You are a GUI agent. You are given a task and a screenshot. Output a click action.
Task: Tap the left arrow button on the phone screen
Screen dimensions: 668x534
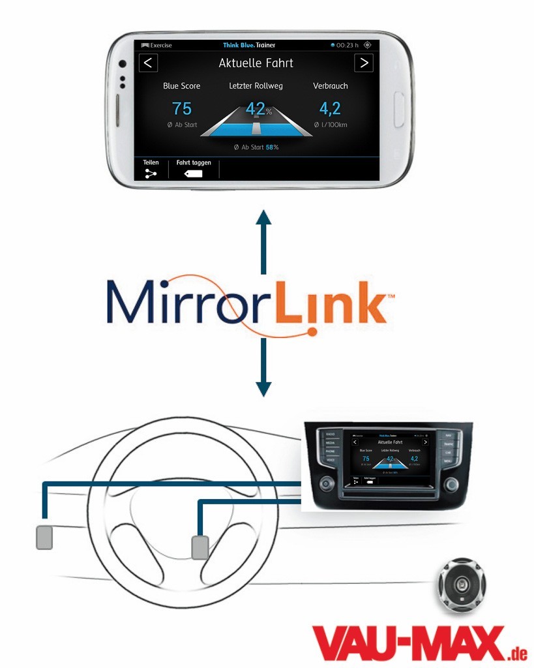[x=149, y=63]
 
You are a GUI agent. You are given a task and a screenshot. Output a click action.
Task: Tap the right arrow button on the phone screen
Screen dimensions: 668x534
[x=363, y=63]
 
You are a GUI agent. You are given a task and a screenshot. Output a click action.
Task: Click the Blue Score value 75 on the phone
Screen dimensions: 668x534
[x=182, y=109]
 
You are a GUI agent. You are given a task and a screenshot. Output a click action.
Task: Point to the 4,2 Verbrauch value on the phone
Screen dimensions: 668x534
[x=330, y=109]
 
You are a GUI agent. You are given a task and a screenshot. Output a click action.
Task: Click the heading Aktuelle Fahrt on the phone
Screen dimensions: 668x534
[x=256, y=63]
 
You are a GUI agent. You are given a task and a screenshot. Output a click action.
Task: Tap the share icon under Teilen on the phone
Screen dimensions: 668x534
[x=151, y=173]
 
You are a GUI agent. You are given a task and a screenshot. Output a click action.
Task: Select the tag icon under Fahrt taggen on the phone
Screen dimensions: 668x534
[x=194, y=174]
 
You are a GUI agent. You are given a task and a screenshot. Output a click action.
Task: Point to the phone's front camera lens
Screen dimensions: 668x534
[x=122, y=65]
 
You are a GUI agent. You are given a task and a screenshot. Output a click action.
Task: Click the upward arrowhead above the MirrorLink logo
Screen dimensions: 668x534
[x=263, y=219]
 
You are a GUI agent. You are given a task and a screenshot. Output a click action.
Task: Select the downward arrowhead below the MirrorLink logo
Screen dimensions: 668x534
[x=263, y=389]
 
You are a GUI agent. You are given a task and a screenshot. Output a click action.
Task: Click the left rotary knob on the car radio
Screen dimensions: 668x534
[x=326, y=485]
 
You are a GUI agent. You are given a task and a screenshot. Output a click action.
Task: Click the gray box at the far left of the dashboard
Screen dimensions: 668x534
[x=44, y=536]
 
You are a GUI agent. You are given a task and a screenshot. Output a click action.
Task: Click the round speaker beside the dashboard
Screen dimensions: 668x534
[x=462, y=584]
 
